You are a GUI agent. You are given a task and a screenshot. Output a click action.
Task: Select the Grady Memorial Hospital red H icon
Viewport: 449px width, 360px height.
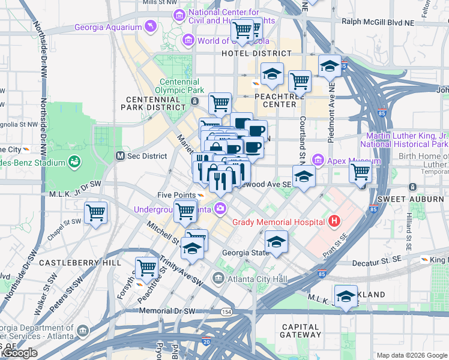pyautogui.click(x=334, y=221)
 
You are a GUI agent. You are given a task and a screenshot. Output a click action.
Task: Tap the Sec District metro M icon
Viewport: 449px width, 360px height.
pyautogui.click(x=120, y=156)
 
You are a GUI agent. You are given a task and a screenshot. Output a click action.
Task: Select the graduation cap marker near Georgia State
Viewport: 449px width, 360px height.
pyautogui.click(x=276, y=241)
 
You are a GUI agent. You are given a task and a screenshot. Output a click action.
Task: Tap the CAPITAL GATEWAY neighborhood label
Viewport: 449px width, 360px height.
pyautogui.click(x=301, y=331)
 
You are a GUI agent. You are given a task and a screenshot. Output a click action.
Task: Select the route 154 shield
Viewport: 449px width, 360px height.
pyautogui.click(x=226, y=312)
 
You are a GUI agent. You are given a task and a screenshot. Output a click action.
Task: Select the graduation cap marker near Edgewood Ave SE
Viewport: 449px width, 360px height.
pyautogui.click(x=304, y=176)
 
